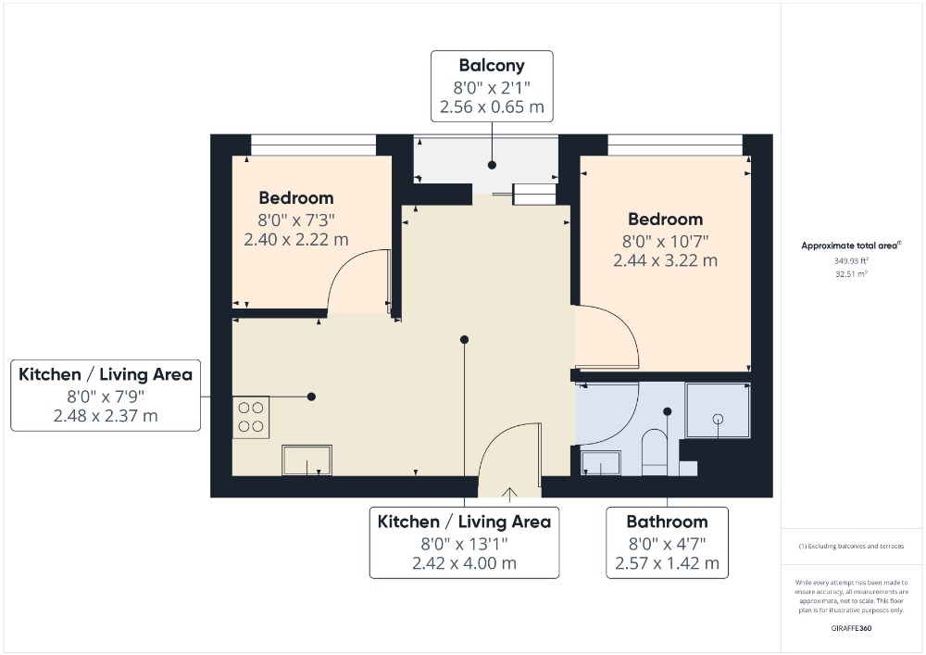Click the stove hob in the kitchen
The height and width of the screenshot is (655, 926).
click(x=251, y=417)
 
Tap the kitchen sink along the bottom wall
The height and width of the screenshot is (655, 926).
click(x=307, y=460)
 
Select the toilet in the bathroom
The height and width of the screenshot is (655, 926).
click(x=654, y=452)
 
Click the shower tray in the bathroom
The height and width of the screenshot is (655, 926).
click(x=719, y=410)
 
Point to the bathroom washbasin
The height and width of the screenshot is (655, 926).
click(x=601, y=463)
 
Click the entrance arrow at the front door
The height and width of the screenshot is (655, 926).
click(x=509, y=494)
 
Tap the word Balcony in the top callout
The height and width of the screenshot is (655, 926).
click(x=492, y=65)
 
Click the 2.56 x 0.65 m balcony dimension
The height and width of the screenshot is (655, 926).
click(x=492, y=107)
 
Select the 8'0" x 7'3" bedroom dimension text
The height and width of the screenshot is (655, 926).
click(x=296, y=220)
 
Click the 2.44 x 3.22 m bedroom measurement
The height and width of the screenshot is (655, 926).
click(x=666, y=260)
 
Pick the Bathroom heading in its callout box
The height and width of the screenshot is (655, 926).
click(x=668, y=522)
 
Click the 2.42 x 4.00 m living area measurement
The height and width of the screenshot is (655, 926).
click(x=464, y=563)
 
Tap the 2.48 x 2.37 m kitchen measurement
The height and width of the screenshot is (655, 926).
click(x=106, y=416)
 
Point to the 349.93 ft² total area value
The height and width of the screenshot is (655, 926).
click(x=851, y=260)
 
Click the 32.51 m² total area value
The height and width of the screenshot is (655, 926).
click(x=851, y=274)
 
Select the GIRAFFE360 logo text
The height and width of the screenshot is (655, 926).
click(x=851, y=628)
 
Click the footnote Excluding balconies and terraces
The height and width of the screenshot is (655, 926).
click(x=851, y=547)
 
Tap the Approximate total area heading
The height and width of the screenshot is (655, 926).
click(x=851, y=246)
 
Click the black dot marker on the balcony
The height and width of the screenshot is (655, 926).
click(x=492, y=166)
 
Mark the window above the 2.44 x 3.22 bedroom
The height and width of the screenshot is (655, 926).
click(x=675, y=145)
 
